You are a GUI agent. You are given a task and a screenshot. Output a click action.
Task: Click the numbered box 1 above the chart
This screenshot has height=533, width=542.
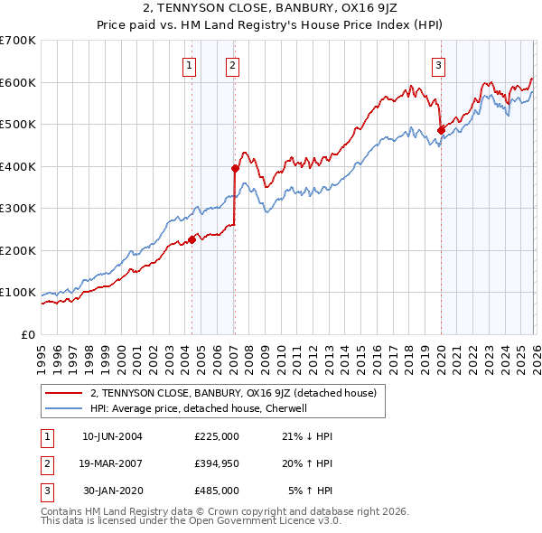click(x=190, y=64)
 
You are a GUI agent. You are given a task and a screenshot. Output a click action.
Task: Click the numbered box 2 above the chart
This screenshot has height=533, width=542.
click(x=232, y=64)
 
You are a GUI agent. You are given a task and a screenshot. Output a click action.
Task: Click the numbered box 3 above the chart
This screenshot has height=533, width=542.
click(x=438, y=64)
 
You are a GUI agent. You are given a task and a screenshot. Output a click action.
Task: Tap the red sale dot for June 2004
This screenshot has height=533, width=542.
click(x=192, y=239)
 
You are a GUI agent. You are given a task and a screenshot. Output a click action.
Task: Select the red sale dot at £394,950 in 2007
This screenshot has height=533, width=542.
click(x=235, y=168)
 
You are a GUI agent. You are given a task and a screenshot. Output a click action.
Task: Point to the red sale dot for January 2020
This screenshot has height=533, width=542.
click(x=441, y=130)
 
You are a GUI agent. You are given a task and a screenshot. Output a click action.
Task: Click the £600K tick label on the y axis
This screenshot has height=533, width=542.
click(x=18, y=82)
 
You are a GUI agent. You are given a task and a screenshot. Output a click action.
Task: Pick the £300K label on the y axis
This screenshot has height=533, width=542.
click(x=18, y=208)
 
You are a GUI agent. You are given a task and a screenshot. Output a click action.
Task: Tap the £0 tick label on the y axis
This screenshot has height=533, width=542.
click(x=27, y=334)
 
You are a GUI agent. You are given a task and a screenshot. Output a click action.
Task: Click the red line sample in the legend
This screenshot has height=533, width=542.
click(x=63, y=394)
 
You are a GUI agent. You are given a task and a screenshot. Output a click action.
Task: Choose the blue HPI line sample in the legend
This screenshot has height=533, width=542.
click(x=63, y=408)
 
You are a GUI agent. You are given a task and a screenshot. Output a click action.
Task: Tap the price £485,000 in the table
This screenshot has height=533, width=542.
click(x=216, y=491)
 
